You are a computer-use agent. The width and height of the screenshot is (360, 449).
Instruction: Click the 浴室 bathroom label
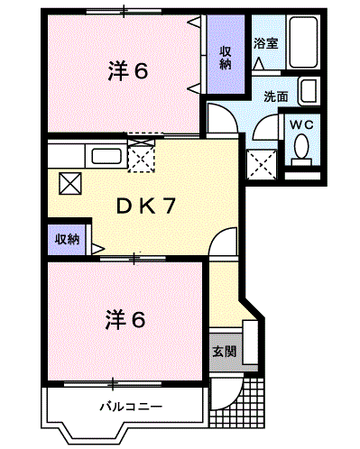265,44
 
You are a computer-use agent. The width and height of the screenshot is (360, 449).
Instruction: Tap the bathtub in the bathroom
303,42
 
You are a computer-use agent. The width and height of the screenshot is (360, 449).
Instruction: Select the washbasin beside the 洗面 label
309,91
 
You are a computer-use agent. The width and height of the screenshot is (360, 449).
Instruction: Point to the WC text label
301,125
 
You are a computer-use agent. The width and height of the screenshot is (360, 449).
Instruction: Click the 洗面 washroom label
276,96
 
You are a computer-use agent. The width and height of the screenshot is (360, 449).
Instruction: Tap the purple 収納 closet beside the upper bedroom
226,54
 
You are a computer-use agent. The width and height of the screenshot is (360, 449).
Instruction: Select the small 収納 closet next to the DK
67,240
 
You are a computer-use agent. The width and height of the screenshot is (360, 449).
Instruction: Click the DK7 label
146,206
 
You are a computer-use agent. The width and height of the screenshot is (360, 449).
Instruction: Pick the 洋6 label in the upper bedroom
128,71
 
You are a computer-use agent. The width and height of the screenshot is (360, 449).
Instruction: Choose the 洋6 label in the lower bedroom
125,320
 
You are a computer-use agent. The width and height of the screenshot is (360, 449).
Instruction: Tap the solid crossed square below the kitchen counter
70,183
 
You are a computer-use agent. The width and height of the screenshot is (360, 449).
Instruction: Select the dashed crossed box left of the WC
262,164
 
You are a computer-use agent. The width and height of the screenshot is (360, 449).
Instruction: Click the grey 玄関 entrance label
225,352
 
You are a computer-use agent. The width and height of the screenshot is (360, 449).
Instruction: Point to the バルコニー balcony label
131,408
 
